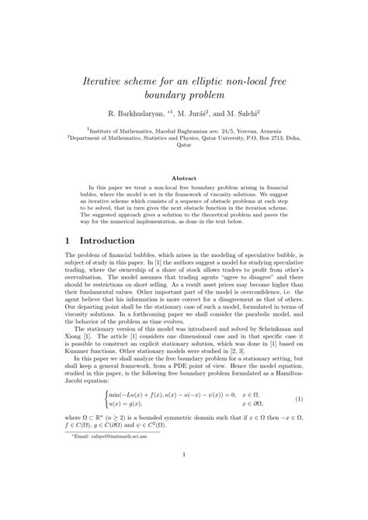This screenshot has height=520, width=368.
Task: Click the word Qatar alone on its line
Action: tap(183, 144)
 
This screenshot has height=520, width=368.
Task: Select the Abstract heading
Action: tap(184, 178)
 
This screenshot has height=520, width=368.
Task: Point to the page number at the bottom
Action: tap(184, 498)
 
